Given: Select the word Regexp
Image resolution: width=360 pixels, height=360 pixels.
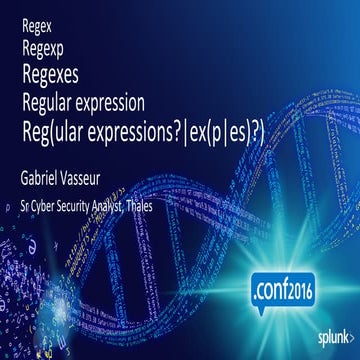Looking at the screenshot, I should pyautogui.click(x=39, y=45).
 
